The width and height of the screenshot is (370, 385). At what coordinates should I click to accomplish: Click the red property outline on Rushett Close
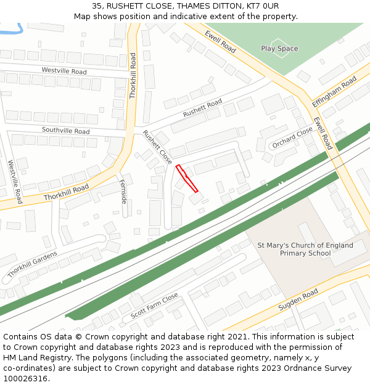[187, 178]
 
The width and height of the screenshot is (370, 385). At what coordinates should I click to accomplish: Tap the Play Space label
[279, 49]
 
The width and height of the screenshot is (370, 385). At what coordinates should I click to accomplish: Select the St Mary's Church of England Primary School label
[305, 249]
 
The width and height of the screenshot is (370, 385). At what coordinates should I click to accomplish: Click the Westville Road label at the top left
[64, 71]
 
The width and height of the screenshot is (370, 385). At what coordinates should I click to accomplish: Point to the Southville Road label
[65, 131]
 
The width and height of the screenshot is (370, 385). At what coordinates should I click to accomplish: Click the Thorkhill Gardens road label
[33, 264]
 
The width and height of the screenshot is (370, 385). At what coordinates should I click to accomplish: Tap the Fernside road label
[123, 192]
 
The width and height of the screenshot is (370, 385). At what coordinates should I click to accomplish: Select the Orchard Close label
[292, 139]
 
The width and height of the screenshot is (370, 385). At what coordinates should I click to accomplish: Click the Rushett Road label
[202, 108]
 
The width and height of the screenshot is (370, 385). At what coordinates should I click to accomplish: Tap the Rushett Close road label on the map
[157, 147]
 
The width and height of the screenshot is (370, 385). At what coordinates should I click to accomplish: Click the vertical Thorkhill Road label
[133, 76]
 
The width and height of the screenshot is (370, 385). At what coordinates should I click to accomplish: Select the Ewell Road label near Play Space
[220, 41]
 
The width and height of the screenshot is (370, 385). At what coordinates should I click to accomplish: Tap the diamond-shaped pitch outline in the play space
[279, 49]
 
